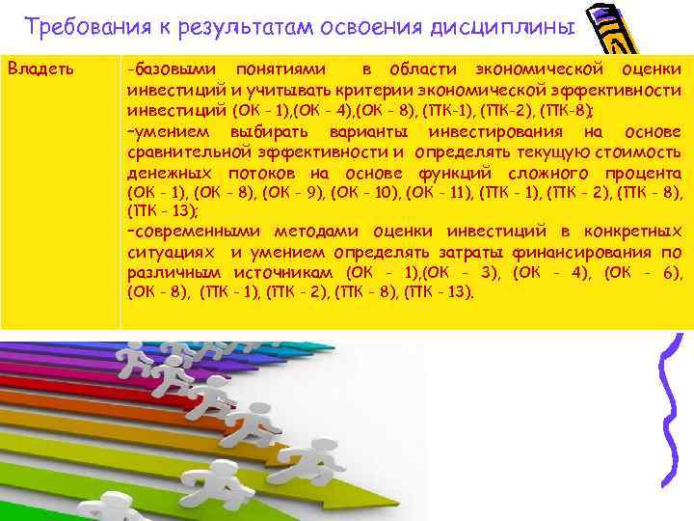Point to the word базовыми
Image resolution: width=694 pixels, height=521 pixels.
[175, 70]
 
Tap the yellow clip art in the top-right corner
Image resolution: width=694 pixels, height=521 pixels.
[627, 29]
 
